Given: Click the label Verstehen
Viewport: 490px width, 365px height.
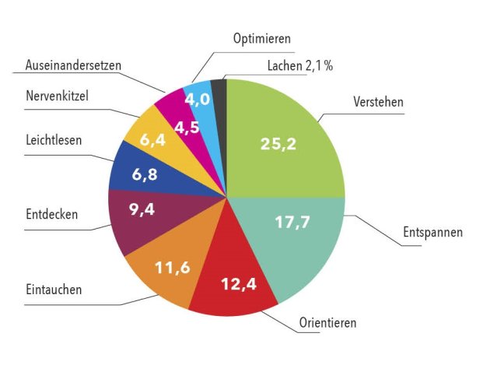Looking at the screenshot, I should (380, 103).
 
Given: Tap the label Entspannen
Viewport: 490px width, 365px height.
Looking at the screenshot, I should (432, 233).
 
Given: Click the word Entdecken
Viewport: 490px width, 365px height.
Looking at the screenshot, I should (51, 214).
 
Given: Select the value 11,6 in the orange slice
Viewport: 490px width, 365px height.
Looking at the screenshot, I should (173, 268).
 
